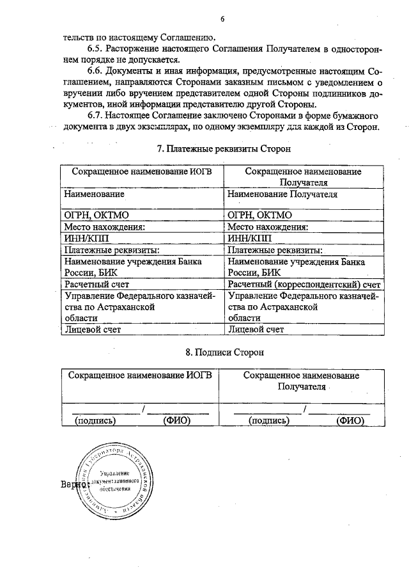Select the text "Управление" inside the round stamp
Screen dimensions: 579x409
(x=114, y=472)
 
